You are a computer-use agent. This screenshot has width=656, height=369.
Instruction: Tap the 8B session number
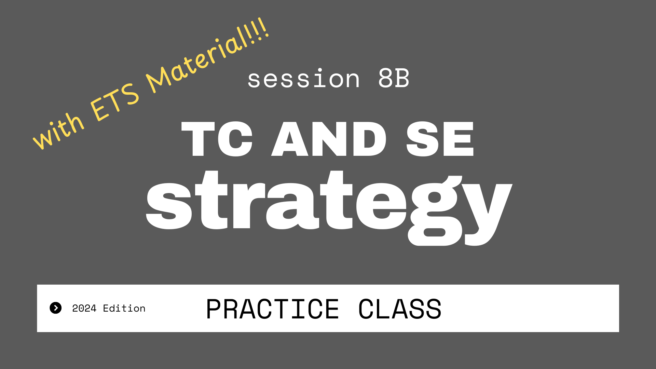[x=394, y=78]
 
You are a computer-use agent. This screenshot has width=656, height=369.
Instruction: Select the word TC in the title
[x=217, y=139]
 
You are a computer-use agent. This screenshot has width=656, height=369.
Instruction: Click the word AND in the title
[x=329, y=139]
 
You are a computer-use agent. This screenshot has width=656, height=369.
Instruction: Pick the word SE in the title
[x=440, y=139]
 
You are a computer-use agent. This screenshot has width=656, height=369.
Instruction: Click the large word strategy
[x=329, y=207]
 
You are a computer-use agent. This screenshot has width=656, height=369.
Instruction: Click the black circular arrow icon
[x=56, y=308]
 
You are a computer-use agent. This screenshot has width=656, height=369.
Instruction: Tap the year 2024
[x=84, y=308]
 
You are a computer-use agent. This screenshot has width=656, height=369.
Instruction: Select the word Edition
[x=124, y=308]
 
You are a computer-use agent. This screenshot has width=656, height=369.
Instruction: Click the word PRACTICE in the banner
[x=272, y=309]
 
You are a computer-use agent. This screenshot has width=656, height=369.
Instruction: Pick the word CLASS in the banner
[x=400, y=309]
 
